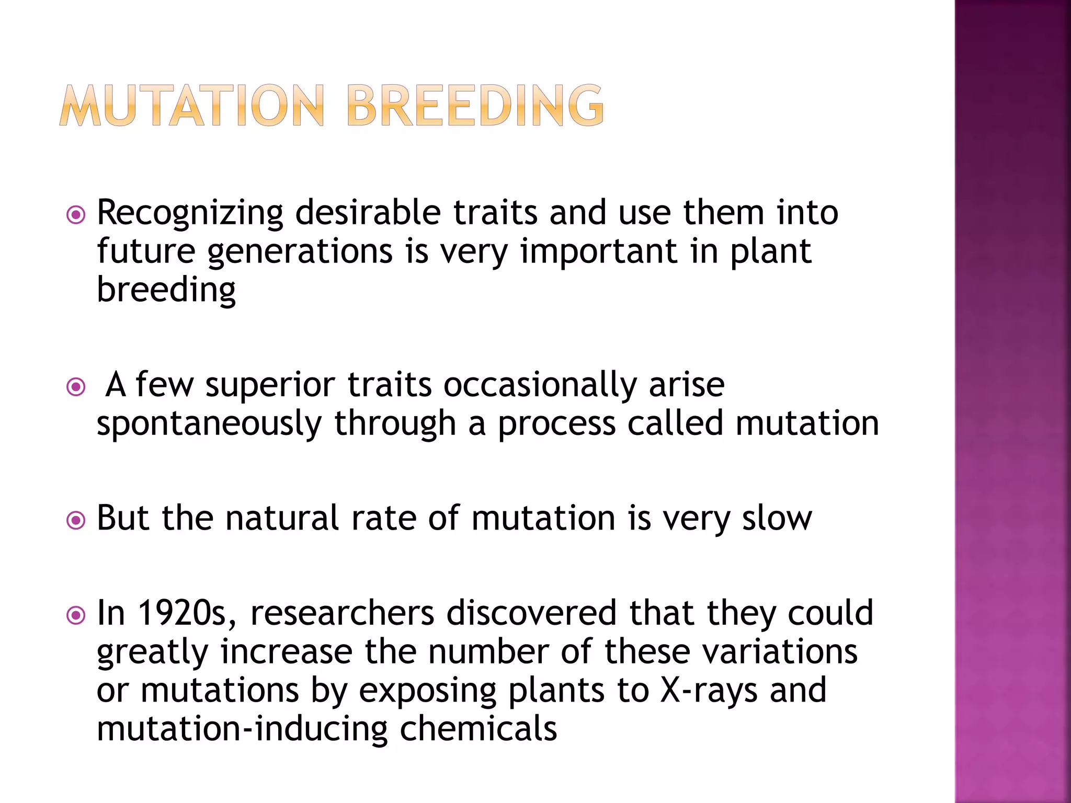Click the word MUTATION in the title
click(x=192, y=106)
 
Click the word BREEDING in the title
click(x=475, y=106)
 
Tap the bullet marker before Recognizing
click(x=76, y=215)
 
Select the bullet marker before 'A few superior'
click(x=76, y=387)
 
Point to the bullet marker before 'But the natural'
click(x=76, y=520)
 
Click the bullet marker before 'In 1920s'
click(x=76, y=615)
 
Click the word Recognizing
click(x=190, y=213)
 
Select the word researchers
click(x=342, y=613)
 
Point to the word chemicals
click(x=478, y=729)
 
